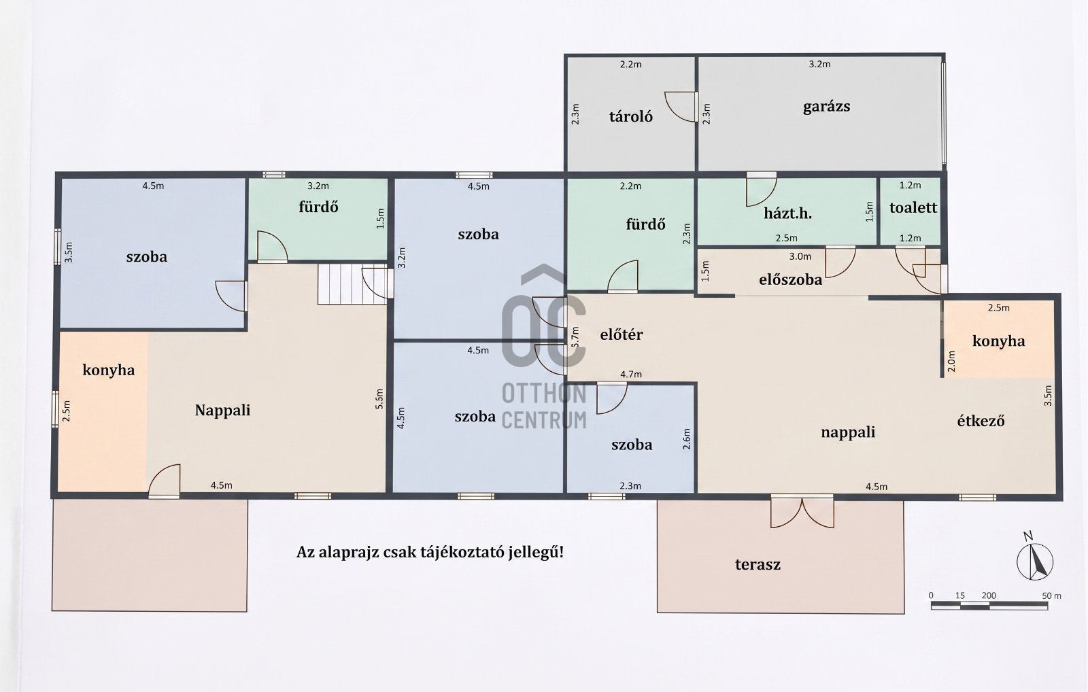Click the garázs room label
[826, 106]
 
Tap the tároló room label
[631, 116]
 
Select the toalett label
[913, 207]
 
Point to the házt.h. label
[787, 213]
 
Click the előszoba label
[790, 279]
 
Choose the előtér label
[622, 334]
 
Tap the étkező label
[981, 421]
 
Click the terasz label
[758, 564]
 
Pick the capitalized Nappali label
[222, 411]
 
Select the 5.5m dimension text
[379, 399]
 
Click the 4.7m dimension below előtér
[631, 375]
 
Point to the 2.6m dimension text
[686, 438]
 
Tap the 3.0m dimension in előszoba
[800, 256]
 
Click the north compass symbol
[1034, 559]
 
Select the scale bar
[989, 606]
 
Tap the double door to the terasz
[802, 511]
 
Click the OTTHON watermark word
[544, 394]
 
